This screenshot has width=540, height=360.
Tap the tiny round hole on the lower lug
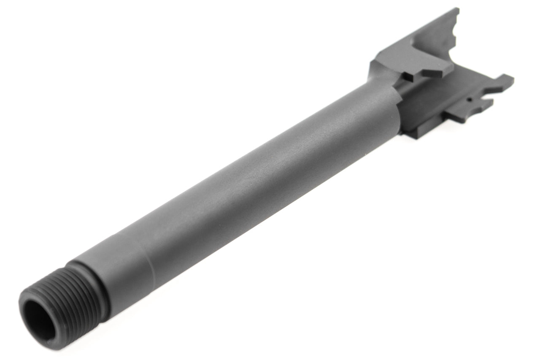(469, 101)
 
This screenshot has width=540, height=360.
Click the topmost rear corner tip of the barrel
(456, 9)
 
